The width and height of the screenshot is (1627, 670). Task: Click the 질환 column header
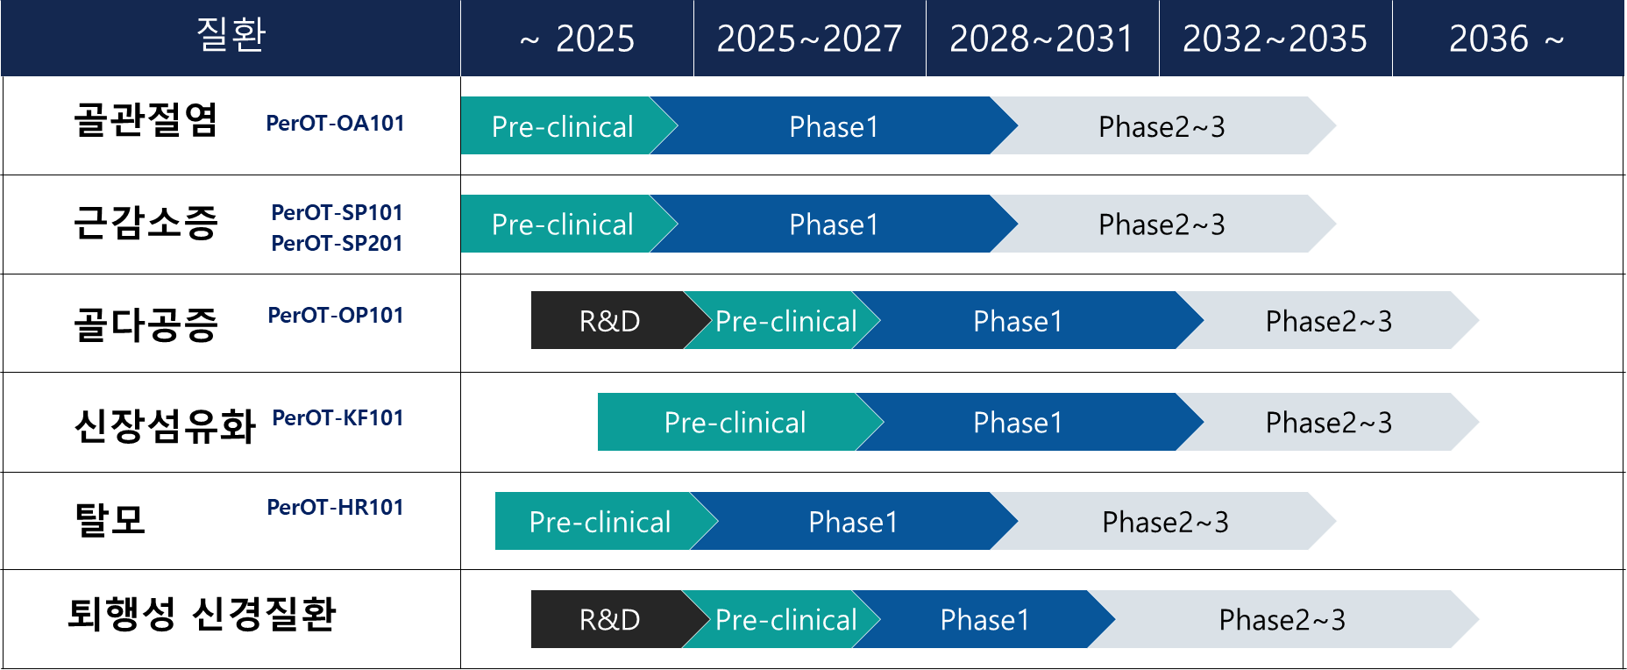pos(231,36)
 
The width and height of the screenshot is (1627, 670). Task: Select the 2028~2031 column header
pos(1042,39)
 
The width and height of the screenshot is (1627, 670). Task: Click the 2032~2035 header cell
pos(1275,39)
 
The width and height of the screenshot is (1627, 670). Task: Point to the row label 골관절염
pos(146,120)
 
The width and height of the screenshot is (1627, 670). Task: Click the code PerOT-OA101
pos(335,123)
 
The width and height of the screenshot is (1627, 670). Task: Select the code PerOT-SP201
pos(337,243)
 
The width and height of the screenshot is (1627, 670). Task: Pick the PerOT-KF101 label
pos(337,417)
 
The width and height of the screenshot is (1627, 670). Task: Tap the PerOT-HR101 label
pos(335,507)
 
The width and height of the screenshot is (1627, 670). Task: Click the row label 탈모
pos(110,519)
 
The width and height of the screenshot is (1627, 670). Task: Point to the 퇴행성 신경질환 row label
pos(202,613)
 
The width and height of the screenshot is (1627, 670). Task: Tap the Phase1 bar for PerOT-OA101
pos(834,126)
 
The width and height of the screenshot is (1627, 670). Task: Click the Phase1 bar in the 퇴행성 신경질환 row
pos(984,620)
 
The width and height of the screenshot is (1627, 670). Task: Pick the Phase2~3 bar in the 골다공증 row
pos(1328,321)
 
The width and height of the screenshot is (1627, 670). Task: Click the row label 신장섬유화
pos(165,427)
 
